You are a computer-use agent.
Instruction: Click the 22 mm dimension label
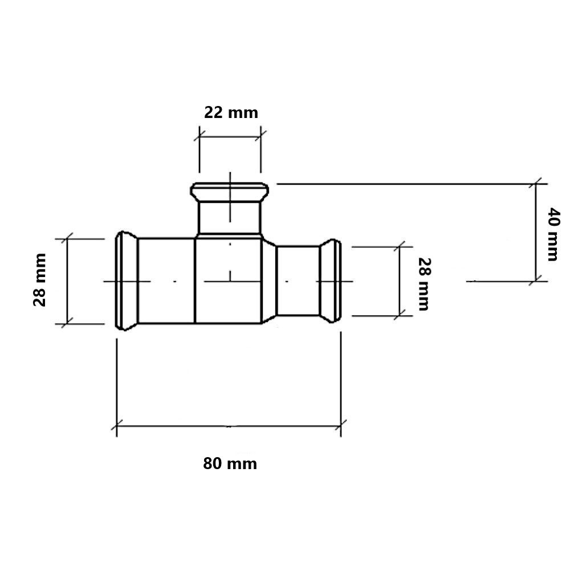pyautogui.click(x=231, y=113)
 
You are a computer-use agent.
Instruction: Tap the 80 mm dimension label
pyautogui.click(x=230, y=464)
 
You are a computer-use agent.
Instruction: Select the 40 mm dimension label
pyautogui.click(x=553, y=234)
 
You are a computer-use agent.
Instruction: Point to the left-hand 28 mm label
pyautogui.click(x=40, y=280)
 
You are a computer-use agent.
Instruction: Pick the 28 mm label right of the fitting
pyautogui.click(x=424, y=284)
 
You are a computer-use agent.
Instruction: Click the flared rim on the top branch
pyautogui.click(x=230, y=192)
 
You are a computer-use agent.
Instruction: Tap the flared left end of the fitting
pyautogui.click(x=126, y=280)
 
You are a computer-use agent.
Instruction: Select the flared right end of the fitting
pyautogui.click(x=330, y=281)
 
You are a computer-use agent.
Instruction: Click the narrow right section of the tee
pyautogui.click(x=298, y=281)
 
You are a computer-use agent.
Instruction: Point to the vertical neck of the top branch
pyautogui.click(x=229, y=218)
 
